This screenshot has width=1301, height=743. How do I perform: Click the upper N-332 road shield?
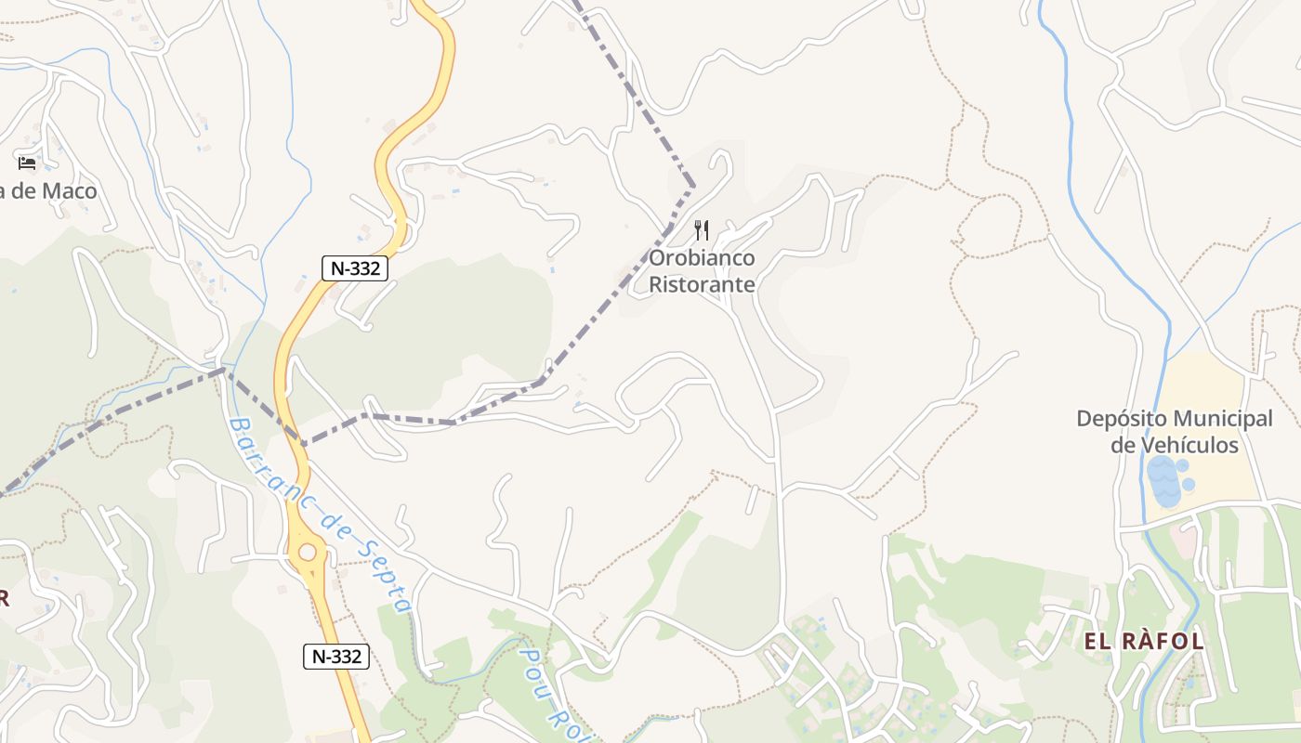pos(354,268)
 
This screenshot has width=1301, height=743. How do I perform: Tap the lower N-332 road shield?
pos(336,657)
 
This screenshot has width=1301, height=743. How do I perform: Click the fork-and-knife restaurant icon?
pos(703,230)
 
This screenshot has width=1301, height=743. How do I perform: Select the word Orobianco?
pos(702,258)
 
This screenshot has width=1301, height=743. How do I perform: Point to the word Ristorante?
pos(702,284)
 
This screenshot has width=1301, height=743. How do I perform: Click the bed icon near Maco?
pos(27,163)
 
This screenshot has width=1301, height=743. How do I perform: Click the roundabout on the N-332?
pos(307,554)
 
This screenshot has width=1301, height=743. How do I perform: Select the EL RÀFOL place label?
pos(1144,641)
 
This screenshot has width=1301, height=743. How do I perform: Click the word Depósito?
pos(1120,419)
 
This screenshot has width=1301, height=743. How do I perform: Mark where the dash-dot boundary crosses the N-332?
pos(299,439)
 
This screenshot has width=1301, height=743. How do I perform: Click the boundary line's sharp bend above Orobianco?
pos(693,186)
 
